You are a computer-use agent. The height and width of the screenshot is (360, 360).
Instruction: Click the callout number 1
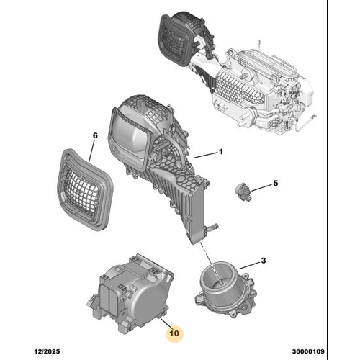[222, 153]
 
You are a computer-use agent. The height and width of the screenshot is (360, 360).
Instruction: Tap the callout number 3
[264, 260]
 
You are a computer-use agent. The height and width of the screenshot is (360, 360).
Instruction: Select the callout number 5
[274, 185]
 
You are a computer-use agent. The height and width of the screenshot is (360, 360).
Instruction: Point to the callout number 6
[94, 135]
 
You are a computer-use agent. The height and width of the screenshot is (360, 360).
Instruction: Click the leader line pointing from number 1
[204, 155]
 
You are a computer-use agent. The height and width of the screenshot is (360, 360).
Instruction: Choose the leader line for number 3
[251, 264]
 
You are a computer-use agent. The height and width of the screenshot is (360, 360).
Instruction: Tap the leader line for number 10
[166, 319]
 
